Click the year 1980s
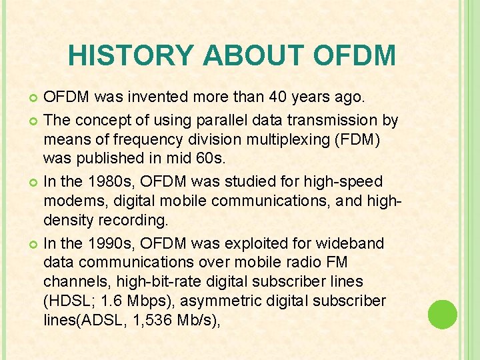(x=105, y=181)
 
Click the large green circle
(x=442, y=314)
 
